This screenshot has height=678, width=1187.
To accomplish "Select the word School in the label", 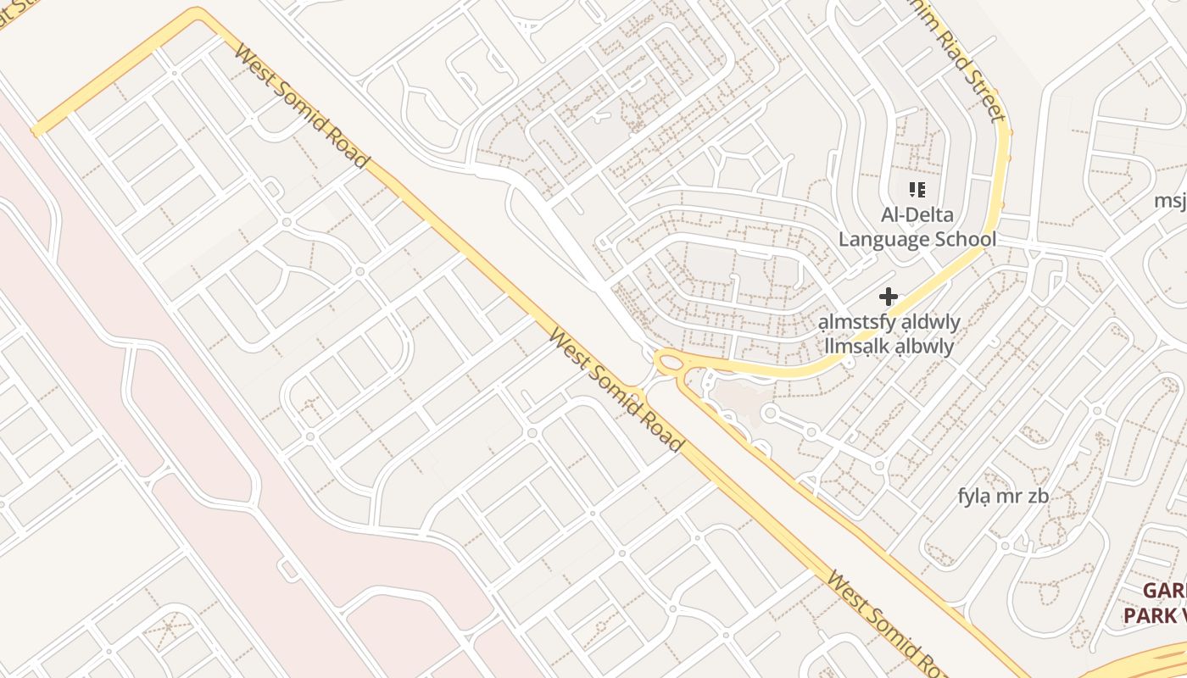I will tap(961, 240).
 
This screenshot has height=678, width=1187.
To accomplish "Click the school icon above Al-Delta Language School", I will tap(917, 190).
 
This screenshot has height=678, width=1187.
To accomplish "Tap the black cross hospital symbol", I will tap(888, 297).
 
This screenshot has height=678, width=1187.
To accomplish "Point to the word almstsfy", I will tap(853, 323).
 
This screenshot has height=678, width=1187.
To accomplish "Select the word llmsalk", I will tap(860, 347).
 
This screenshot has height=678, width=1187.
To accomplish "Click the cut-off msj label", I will tap(1171, 201).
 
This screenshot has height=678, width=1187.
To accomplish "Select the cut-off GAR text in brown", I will tap(1163, 591).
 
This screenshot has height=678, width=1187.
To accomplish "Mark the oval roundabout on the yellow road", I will tap(672, 364).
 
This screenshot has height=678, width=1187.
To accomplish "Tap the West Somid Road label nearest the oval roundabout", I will tap(615, 389).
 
